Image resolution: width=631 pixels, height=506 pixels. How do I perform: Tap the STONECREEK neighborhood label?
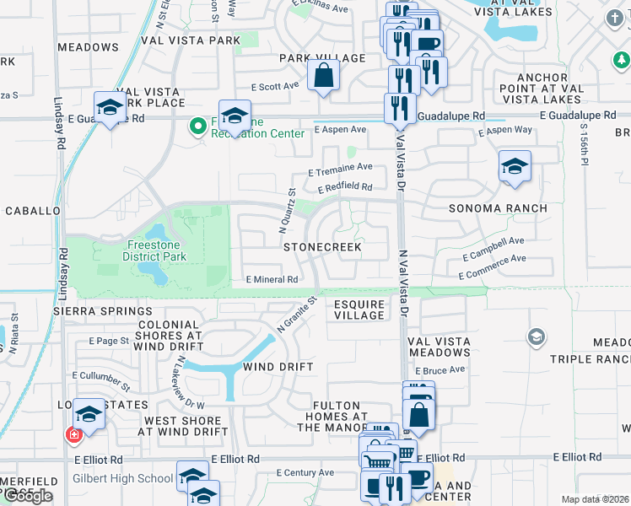pos(322,247)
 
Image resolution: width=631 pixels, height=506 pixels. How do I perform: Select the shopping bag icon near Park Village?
pos(323,75)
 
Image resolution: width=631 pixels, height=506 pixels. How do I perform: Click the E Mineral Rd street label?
pos(272,279)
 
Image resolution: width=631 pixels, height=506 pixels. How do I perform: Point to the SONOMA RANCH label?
pos(498,208)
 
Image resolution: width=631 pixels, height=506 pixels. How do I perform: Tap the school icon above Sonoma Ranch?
pos(514,166)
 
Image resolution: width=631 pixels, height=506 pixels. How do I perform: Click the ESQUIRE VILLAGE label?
pos(359,310)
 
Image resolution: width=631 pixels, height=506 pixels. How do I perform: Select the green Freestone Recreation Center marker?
pos(198,127)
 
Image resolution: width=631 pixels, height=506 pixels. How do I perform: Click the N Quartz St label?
pos(288,210)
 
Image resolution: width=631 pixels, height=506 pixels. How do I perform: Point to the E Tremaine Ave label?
pos(340,168)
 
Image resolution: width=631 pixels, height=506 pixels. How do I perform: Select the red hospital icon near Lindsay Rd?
pos(74,435)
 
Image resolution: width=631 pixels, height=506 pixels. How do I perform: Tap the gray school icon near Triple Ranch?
pos(535,338)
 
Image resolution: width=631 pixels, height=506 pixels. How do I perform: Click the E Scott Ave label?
pos(275,86)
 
